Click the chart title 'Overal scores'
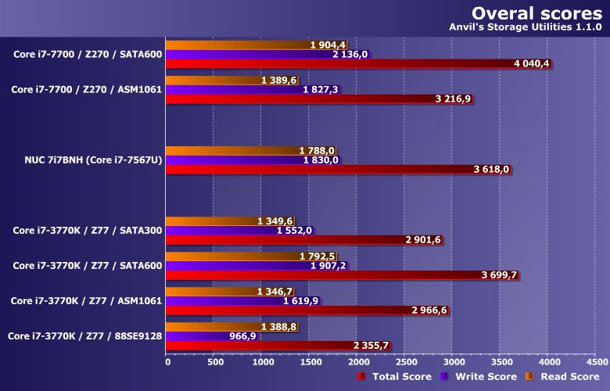(x=536, y=13)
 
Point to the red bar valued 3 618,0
(x=328, y=169)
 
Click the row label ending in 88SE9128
(x=84, y=335)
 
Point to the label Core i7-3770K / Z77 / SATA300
(x=88, y=230)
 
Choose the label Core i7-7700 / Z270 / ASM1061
(x=86, y=90)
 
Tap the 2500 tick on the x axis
(x=405, y=363)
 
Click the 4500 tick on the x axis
(x=596, y=363)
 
